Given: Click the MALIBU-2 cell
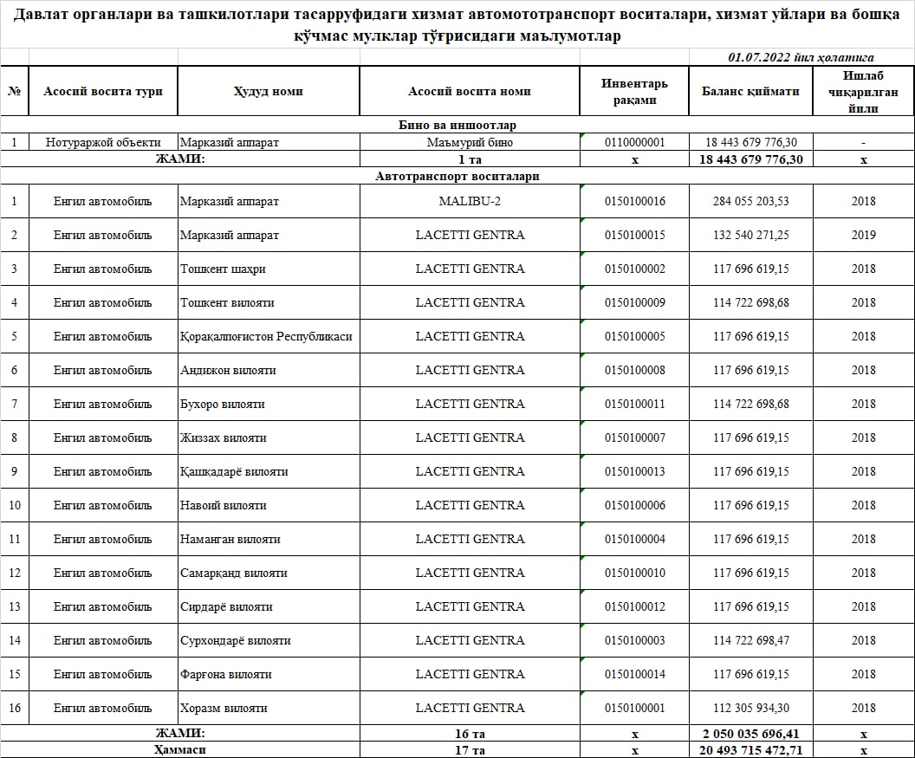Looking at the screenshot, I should coord(470,201).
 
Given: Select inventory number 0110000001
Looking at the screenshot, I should coord(634,142).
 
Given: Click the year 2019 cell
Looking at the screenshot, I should coord(863,235).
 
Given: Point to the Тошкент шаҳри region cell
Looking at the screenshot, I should coord(223,269).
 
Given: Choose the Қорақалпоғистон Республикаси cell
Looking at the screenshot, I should coord(266,336).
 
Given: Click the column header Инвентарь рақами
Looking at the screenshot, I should coord(634,91).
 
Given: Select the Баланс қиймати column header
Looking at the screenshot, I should coord(750,91).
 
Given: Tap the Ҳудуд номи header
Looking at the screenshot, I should coord(268,91).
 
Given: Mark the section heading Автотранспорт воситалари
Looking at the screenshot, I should coord(457,176).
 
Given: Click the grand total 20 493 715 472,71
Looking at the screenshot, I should coord(750,749).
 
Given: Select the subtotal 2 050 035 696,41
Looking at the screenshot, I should coord(750,733).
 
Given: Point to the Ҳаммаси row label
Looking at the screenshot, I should coord(180,749).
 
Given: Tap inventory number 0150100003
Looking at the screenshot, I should coord(634,640).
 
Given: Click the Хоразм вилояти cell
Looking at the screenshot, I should coord(224,708).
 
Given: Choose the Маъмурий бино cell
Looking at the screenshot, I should coord(470,142).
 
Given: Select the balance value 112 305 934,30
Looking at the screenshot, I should coord(750,708).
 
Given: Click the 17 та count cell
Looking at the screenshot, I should coord(470,749).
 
